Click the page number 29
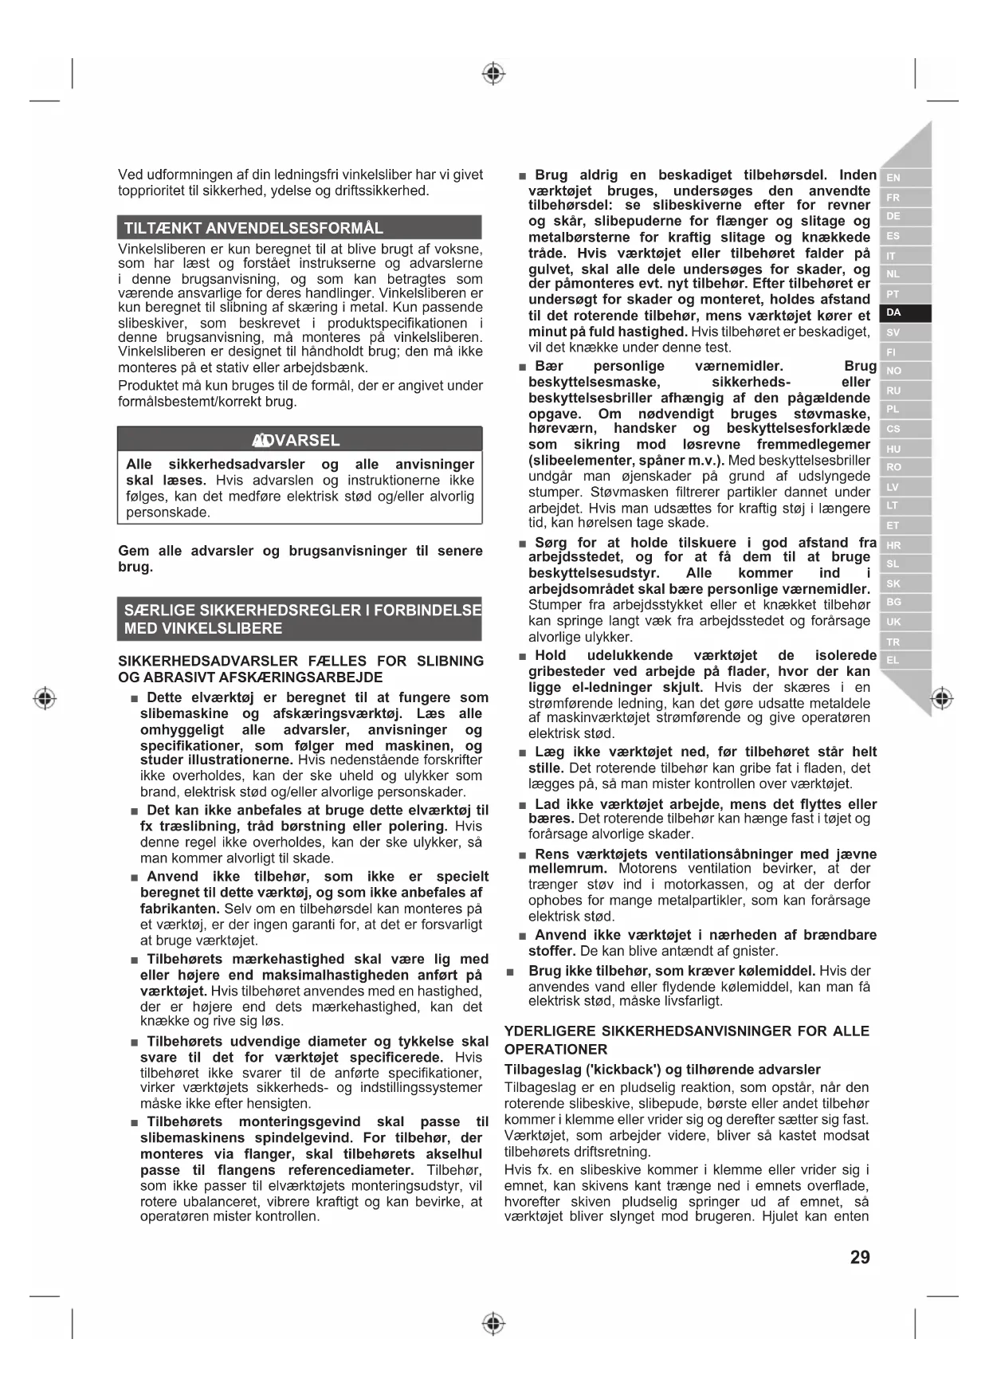(x=860, y=1257)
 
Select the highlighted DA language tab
(x=894, y=313)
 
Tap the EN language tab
(x=894, y=178)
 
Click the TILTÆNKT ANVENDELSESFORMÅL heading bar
(x=299, y=228)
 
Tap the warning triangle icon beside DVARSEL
(x=259, y=440)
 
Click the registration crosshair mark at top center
(x=494, y=74)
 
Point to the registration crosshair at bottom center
(x=494, y=1324)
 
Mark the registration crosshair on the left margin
(x=45, y=699)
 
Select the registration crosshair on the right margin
(x=942, y=699)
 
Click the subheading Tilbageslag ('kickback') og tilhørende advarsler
(x=662, y=1070)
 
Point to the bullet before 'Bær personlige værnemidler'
(x=522, y=367)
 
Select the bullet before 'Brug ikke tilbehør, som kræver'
(x=511, y=972)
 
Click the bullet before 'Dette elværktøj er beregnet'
(x=135, y=699)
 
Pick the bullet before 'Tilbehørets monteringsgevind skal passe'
(x=135, y=1123)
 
